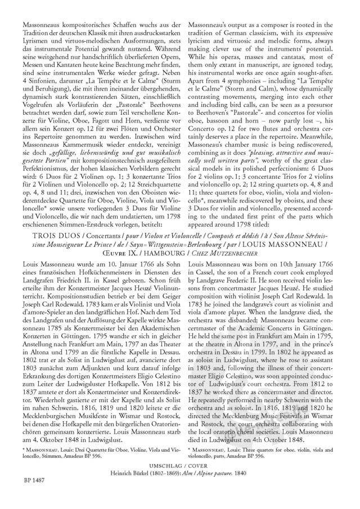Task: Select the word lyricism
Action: (x=204, y=42)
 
